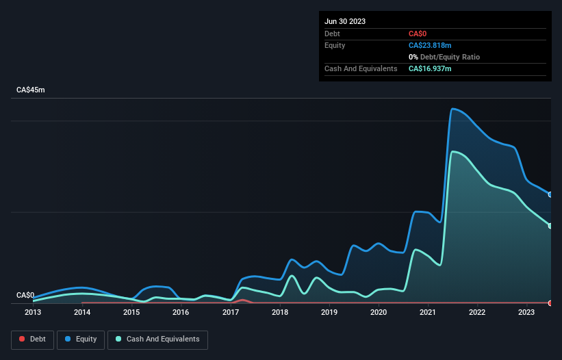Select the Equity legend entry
tap(81, 339)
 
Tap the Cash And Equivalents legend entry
tap(157, 339)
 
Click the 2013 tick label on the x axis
tap(33, 313)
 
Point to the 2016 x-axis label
tap(181, 313)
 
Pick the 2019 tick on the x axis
tap(329, 313)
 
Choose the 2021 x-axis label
tap(428, 313)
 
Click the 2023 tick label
tap(526, 313)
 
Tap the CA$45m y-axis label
tap(31, 90)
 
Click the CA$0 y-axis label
tap(25, 295)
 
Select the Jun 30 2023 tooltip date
tap(345, 21)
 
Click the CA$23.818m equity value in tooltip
tap(430, 45)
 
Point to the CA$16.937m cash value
tap(430, 68)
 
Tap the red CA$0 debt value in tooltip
tap(418, 34)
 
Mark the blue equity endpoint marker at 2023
tap(550, 194)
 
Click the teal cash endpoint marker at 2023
tap(550, 226)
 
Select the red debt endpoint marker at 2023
tap(550, 303)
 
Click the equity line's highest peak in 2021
tap(452, 108)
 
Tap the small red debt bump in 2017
tap(242, 300)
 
